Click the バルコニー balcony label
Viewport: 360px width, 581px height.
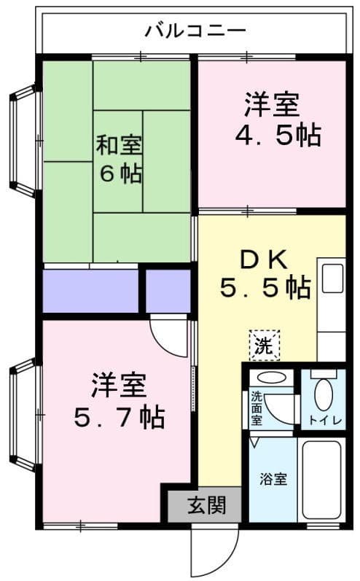pyautogui.click(x=195, y=31)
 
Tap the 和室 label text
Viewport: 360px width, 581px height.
pyautogui.click(x=121, y=144)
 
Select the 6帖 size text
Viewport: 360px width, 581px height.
pyautogui.click(x=121, y=175)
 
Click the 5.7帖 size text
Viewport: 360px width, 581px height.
pyautogui.click(x=119, y=417)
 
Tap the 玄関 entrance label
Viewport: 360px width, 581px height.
pyautogui.click(x=205, y=504)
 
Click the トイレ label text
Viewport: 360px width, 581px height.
pyautogui.click(x=323, y=420)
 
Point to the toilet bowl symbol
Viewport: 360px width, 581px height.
pyautogui.click(x=323, y=393)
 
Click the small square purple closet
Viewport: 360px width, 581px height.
pyautogui.click(x=168, y=291)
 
